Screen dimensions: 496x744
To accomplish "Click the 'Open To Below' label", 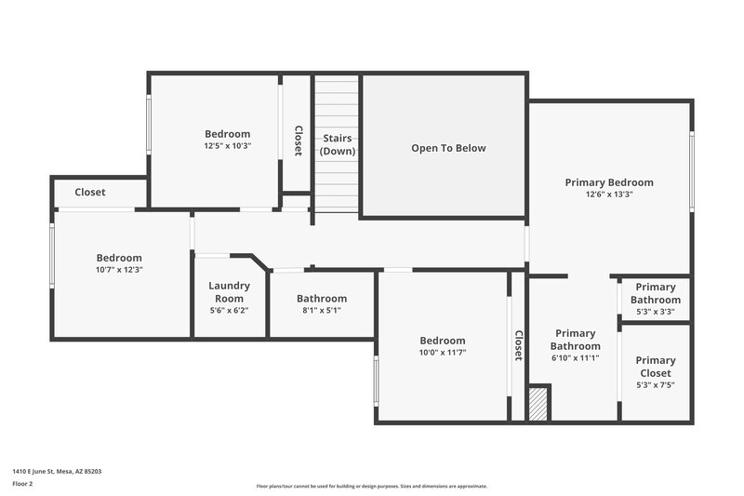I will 448,148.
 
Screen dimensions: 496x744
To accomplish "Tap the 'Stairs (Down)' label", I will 338,144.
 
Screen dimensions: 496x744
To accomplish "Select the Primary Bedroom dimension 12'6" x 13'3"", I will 609,194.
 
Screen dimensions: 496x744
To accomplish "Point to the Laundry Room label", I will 228,292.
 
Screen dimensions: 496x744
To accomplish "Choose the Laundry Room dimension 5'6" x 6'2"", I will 228,310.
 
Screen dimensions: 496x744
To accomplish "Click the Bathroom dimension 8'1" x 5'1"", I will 322,310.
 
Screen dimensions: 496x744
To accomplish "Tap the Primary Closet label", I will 656,367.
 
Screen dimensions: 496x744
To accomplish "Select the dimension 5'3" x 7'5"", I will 656,384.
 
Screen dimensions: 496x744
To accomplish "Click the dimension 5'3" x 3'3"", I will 656,312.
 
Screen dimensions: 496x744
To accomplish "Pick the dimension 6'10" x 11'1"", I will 575,357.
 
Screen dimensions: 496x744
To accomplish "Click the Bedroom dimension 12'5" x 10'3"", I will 228,145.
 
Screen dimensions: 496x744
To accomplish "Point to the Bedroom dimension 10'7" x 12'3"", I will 119,269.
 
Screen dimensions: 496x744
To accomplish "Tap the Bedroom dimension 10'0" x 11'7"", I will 442,352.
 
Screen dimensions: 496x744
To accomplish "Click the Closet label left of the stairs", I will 298,141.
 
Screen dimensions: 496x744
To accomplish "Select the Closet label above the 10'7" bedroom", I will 90,193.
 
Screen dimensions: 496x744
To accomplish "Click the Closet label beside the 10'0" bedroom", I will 518,345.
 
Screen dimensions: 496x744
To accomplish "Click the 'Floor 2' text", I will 23,484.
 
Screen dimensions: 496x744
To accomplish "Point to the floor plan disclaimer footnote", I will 371,486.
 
